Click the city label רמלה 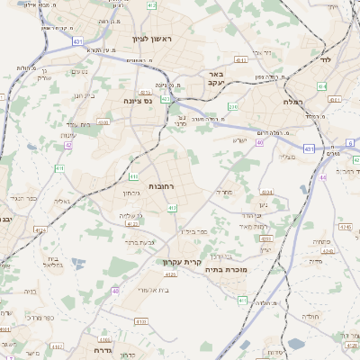(x=315, y=103)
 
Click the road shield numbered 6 (x=350, y=142)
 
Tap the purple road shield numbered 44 (x=322, y=177)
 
